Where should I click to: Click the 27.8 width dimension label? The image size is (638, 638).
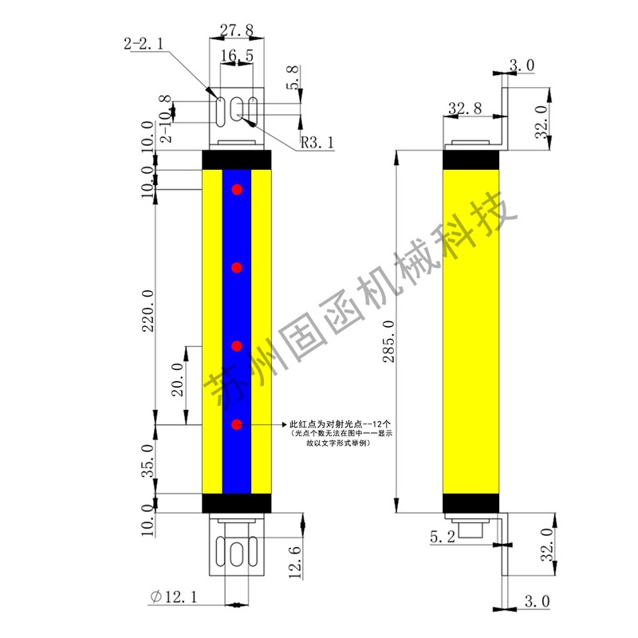pos(236,30)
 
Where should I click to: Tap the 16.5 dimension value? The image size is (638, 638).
pos(237,55)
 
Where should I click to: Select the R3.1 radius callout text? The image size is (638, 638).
pos(317,143)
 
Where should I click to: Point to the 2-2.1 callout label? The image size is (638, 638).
pos(144,43)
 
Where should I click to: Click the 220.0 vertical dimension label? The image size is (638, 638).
pos(148,311)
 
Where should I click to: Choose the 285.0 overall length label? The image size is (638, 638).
pos(388,341)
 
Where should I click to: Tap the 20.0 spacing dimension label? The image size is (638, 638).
pos(178,380)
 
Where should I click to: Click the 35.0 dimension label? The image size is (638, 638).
pos(148,461)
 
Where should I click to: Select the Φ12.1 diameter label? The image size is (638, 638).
pos(174,597)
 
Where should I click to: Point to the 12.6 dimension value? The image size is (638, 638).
pos(295,562)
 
